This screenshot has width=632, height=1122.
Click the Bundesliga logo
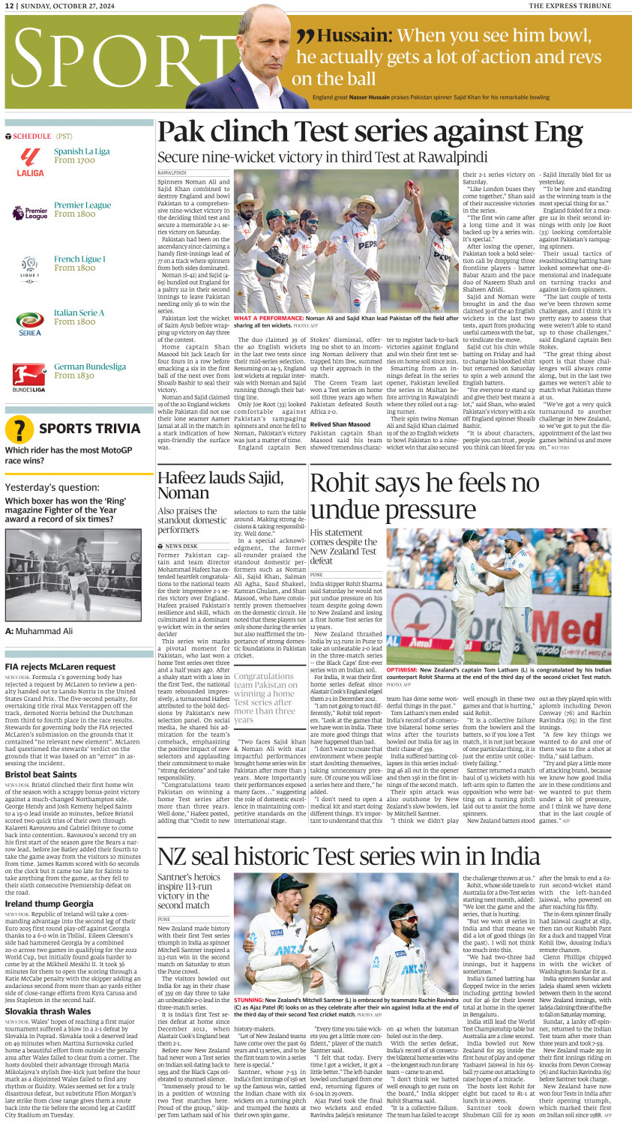[29, 375]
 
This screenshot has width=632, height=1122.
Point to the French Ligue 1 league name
[79, 259]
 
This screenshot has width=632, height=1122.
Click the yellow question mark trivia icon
[19, 429]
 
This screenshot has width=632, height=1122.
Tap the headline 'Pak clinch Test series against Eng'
[370, 132]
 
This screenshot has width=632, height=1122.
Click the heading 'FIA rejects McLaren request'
[60, 666]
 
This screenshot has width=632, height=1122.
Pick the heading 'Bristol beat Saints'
[40, 774]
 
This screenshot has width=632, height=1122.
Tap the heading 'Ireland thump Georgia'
[49, 903]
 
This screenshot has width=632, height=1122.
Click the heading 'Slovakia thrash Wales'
[48, 1011]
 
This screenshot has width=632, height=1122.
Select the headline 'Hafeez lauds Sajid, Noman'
[220, 485]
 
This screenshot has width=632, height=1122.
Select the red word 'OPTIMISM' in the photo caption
[402, 670]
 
